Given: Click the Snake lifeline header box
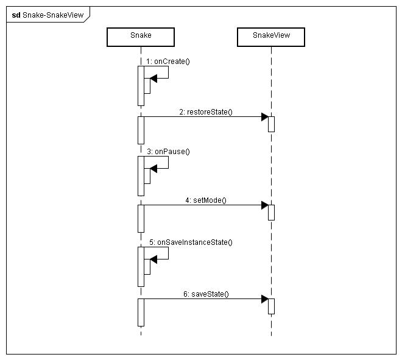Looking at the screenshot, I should pos(141,36).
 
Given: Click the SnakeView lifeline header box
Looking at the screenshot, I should pos(271,36).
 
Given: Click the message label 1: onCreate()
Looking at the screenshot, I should pos(169,62).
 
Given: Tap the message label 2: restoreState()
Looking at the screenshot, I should pos(206,112).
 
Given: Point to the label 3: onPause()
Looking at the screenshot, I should pos(167,151).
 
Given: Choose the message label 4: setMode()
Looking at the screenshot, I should pos(206,200).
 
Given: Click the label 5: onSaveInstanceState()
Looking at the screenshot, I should pos(191,242).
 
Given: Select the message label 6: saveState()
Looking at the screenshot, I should pos(206,294).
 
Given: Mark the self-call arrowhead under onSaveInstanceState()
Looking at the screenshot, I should pos(153,258).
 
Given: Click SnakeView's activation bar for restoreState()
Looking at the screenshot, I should pos(271,124).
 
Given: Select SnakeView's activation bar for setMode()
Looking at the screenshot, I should pos(271,212).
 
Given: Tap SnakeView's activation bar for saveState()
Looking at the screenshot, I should pos(271,306).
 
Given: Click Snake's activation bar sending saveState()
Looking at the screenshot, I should pos(141,312).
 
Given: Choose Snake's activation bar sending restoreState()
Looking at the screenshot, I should pos(141,130).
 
